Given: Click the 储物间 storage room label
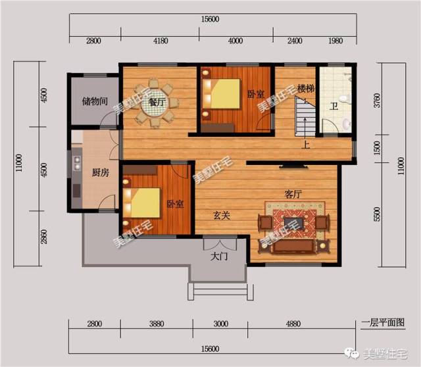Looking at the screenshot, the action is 95,101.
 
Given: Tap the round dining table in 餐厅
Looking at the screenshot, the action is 155,103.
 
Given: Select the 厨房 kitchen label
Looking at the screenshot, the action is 101,172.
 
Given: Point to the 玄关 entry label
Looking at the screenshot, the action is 222,216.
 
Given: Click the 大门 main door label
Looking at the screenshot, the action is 219,257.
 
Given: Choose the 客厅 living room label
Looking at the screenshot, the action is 293,194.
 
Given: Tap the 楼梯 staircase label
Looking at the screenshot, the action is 306,89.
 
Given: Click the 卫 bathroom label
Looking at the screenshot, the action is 334,107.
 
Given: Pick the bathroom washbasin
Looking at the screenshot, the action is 347,124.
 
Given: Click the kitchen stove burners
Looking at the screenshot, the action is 77,163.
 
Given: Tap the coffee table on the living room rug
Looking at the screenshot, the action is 295,224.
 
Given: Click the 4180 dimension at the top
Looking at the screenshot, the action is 161,41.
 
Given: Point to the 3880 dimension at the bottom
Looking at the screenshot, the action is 157,324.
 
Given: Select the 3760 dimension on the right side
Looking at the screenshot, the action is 377,101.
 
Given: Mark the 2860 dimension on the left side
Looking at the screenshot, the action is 44,237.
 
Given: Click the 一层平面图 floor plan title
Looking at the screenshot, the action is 383,322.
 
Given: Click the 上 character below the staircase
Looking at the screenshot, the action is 306,145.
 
